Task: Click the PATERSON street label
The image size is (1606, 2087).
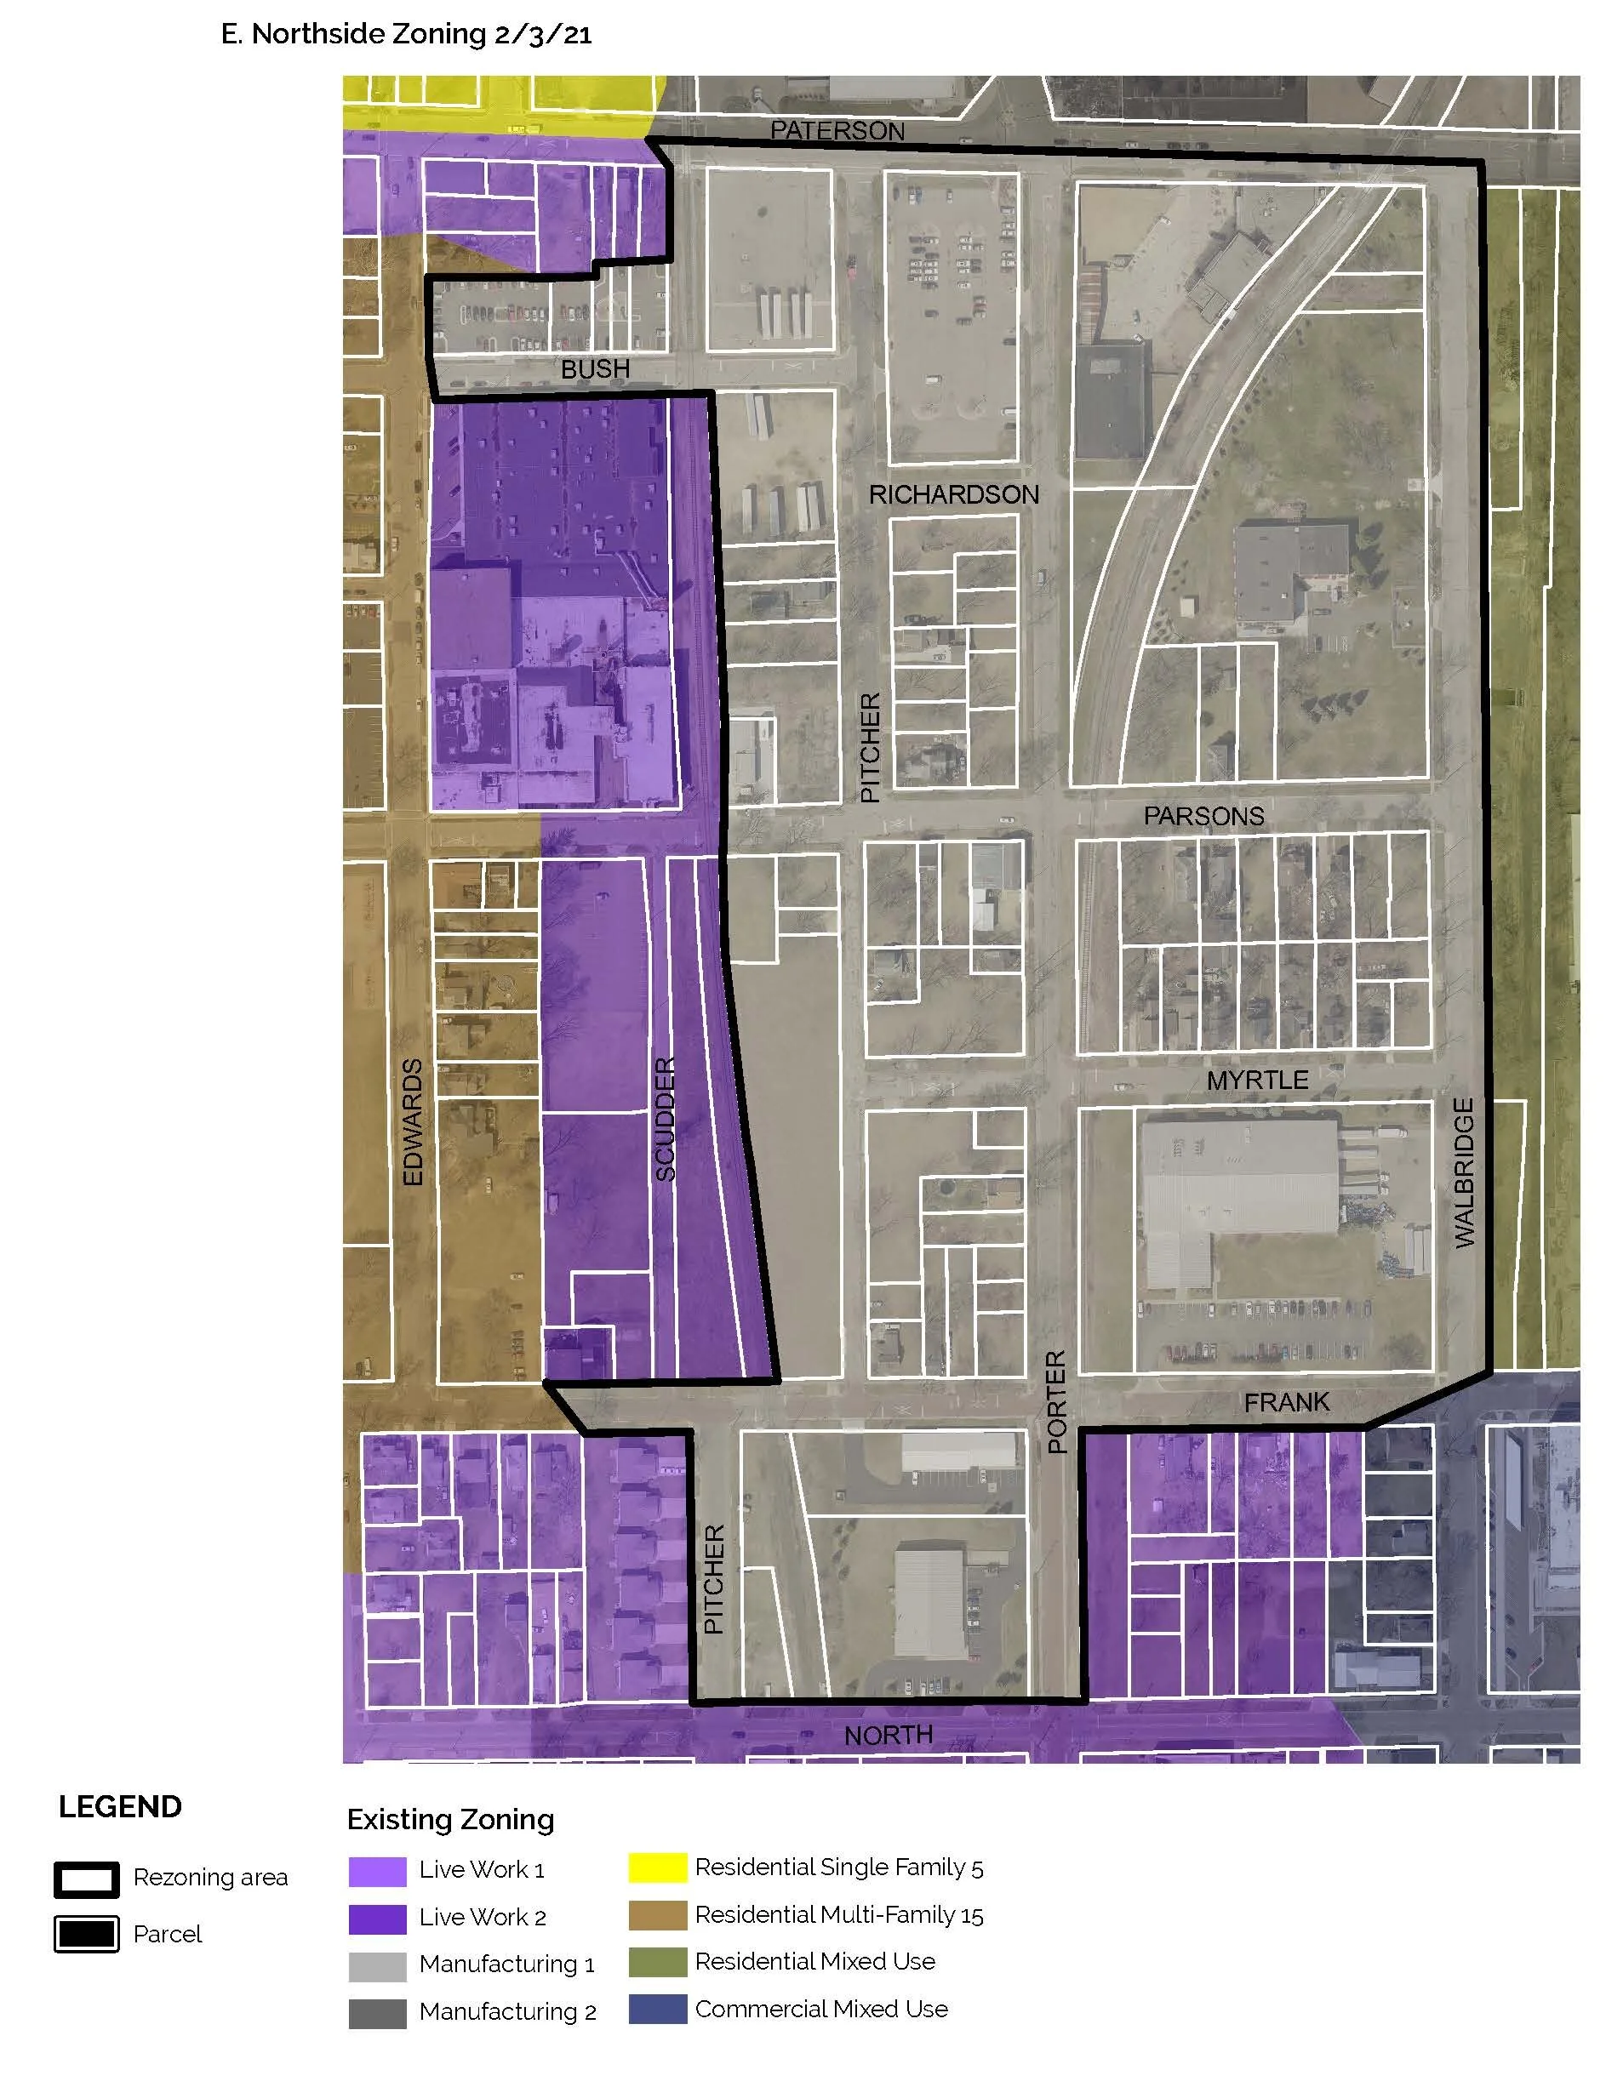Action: pyautogui.click(x=837, y=131)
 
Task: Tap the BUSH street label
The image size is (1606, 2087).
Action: pyautogui.click(x=595, y=369)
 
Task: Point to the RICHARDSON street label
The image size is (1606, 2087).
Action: pyautogui.click(x=953, y=494)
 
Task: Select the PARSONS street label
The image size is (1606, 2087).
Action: pyautogui.click(x=1203, y=816)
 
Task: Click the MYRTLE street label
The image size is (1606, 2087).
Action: pyautogui.click(x=1257, y=1080)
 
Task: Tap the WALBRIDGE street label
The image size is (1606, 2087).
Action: pyautogui.click(x=1464, y=1172)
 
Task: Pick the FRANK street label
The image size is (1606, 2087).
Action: pyautogui.click(x=1287, y=1402)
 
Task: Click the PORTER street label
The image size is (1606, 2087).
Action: pyautogui.click(x=1056, y=1402)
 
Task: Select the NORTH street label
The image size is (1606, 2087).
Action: pyautogui.click(x=888, y=1735)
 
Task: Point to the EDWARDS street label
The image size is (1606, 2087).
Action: pyautogui.click(x=412, y=1122)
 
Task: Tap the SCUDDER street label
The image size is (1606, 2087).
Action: pyautogui.click(x=666, y=1119)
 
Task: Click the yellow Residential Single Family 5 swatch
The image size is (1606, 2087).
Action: pyautogui.click(x=657, y=1867)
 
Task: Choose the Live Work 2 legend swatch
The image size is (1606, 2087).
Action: pyautogui.click(x=378, y=1919)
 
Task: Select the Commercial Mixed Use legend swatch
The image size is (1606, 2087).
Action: pyautogui.click(x=657, y=2009)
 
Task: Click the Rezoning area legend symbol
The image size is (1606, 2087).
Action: pyautogui.click(x=87, y=1879)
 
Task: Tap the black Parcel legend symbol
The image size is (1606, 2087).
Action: pyautogui.click(x=87, y=1934)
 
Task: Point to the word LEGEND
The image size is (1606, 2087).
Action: pyautogui.click(x=121, y=1807)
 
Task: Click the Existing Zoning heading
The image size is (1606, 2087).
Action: pyautogui.click(x=450, y=1820)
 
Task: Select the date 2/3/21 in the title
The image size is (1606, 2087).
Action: pyautogui.click(x=543, y=36)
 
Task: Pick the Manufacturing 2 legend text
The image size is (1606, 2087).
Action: pyautogui.click(x=506, y=2011)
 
